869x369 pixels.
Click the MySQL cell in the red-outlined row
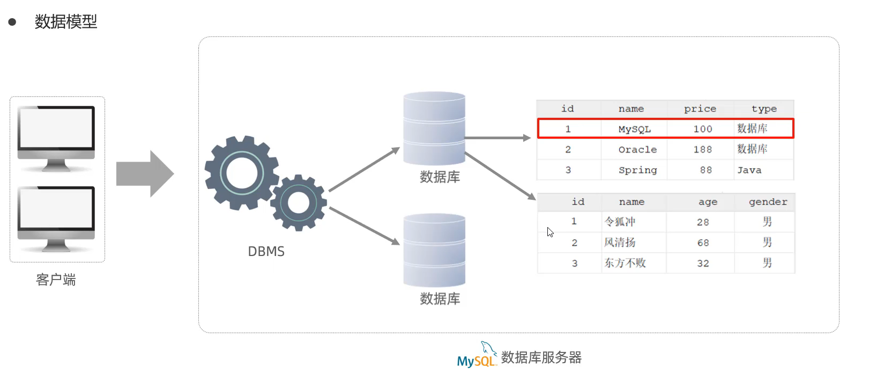click(634, 129)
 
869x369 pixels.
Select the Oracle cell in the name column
click(637, 149)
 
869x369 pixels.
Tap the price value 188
click(702, 149)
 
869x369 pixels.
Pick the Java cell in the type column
click(749, 170)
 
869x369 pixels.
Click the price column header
click(700, 109)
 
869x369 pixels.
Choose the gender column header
click(768, 202)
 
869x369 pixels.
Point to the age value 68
click(703, 243)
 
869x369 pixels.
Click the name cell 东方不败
click(625, 263)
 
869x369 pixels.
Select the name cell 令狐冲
click(620, 222)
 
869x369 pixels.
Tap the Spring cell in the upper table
click(637, 170)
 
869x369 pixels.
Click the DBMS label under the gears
click(266, 251)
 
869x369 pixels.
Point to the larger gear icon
click(242, 173)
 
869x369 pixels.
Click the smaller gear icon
click(299, 203)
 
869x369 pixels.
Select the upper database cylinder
click(434, 129)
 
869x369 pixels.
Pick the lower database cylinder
click(434, 250)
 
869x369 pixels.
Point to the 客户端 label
click(56, 280)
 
